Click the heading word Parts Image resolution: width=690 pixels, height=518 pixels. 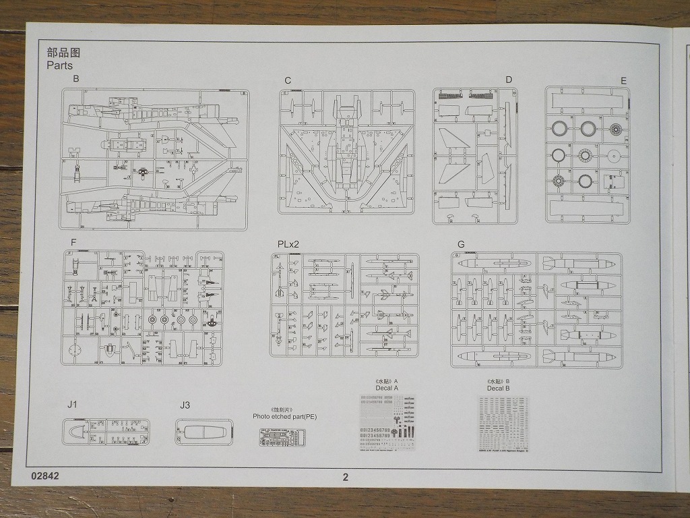(59, 65)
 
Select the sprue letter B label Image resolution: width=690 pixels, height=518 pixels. (76, 79)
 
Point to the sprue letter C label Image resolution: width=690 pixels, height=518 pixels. (288, 80)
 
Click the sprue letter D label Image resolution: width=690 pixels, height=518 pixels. (509, 80)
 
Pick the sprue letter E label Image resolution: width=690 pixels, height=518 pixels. (624, 81)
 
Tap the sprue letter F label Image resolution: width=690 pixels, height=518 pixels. (73, 242)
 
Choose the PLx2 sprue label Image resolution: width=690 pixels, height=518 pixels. (288, 243)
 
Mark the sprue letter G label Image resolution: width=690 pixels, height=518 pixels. (460, 243)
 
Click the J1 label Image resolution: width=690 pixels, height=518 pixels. (73, 405)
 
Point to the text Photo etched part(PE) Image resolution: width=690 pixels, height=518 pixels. (284, 417)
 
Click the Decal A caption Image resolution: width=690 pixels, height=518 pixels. (387, 388)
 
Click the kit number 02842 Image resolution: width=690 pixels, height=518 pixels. (45, 476)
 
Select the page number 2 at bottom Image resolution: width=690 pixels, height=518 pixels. (346, 477)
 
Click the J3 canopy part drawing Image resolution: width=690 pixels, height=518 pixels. (203, 432)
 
